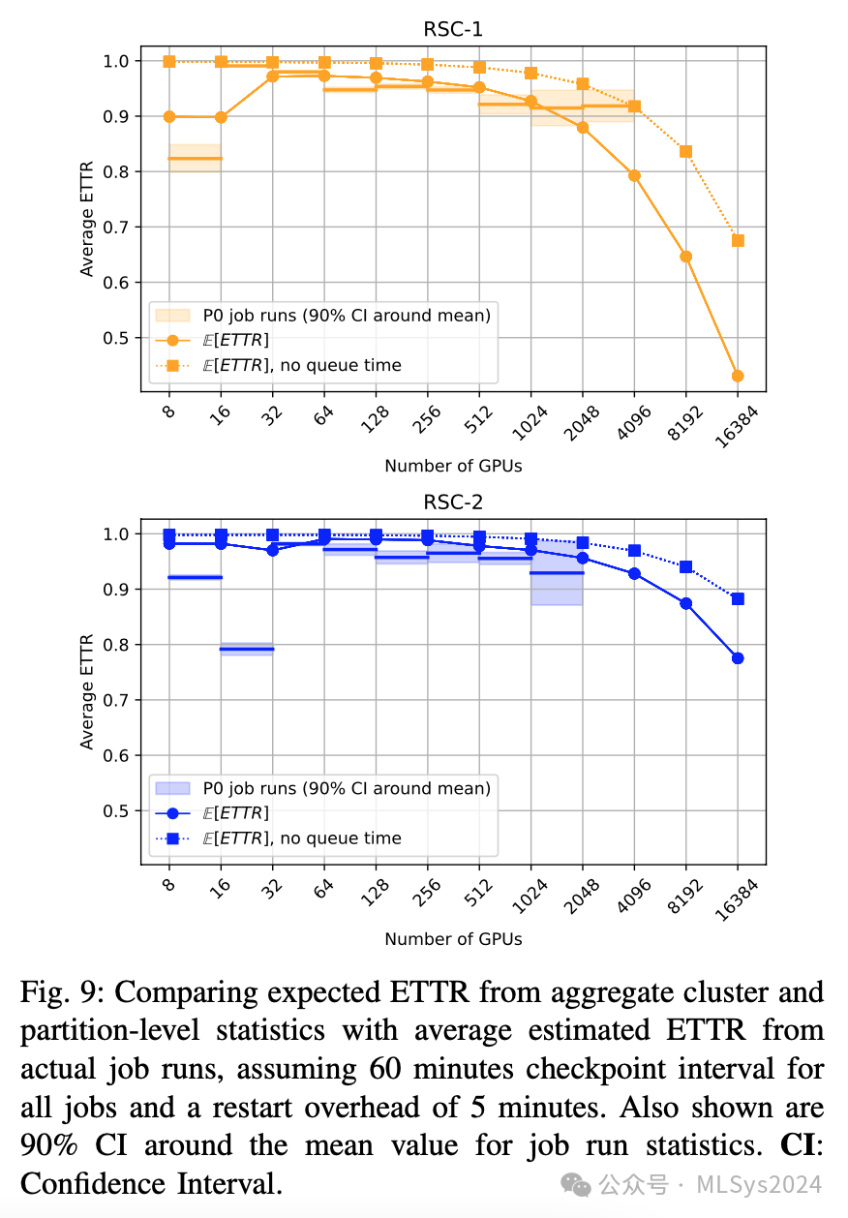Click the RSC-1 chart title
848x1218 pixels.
click(x=453, y=29)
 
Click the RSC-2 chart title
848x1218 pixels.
click(x=453, y=502)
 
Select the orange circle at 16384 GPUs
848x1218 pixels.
click(x=738, y=376)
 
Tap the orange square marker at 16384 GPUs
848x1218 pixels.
click(x=738, y=240)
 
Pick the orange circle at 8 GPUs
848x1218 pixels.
click(x=169, y=116)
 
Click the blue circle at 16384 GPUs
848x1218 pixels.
click(x=738, y=658)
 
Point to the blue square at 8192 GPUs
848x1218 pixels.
click(x=686, y=567)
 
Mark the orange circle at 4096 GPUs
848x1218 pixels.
click(x=634, y=175)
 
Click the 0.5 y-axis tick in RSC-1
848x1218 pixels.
click(x=116, y=338)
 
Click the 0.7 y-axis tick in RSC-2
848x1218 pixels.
click(x=116, y=700)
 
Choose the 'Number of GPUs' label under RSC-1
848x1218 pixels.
click(x=453, y=466)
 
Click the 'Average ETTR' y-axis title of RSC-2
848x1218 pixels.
click(x=88, y=691)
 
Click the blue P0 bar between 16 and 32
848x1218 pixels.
click(x=247, y=649)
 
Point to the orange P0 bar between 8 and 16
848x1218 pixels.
click(x=196, y=158)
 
